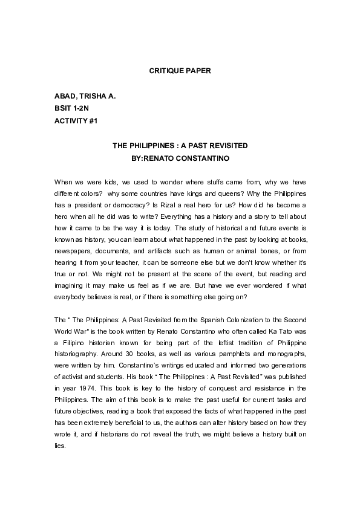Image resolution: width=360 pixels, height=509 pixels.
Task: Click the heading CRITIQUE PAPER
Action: pyautogui.click(x=180, y=71)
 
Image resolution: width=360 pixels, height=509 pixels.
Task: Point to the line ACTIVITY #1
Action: pyautogui.click(x=76, y=121)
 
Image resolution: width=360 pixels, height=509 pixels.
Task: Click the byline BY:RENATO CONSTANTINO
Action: pyautogui.click(x=180, y=159)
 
